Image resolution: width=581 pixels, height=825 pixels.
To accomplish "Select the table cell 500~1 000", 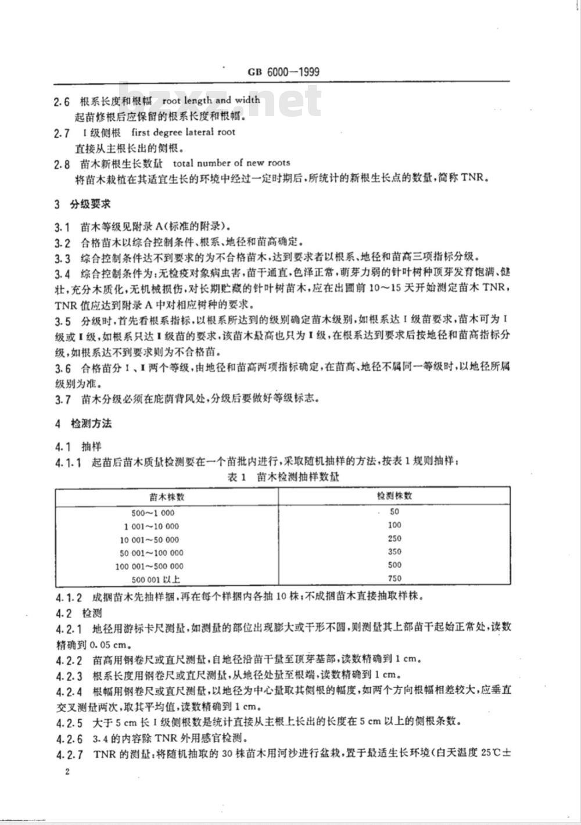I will click(x=153, y=513).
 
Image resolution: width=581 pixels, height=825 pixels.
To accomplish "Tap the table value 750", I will click(x=394, y=579).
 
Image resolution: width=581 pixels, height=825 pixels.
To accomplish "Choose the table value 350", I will click(x=394, y=552).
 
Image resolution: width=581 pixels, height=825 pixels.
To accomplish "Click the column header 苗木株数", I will click(x=167, y=497).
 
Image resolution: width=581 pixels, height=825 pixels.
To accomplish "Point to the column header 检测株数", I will click(x=394, y=496).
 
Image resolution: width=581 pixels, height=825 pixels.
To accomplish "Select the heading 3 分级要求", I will click(x=83, y=205).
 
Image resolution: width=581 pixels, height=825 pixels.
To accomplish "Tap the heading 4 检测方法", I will click(x=83, y=424).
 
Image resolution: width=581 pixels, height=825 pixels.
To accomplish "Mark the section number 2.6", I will click(x=62, y=101).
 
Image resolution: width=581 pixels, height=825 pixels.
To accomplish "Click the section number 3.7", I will click(x=63, y=399).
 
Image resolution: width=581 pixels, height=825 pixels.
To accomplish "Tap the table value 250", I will click(x=394, y=539).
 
